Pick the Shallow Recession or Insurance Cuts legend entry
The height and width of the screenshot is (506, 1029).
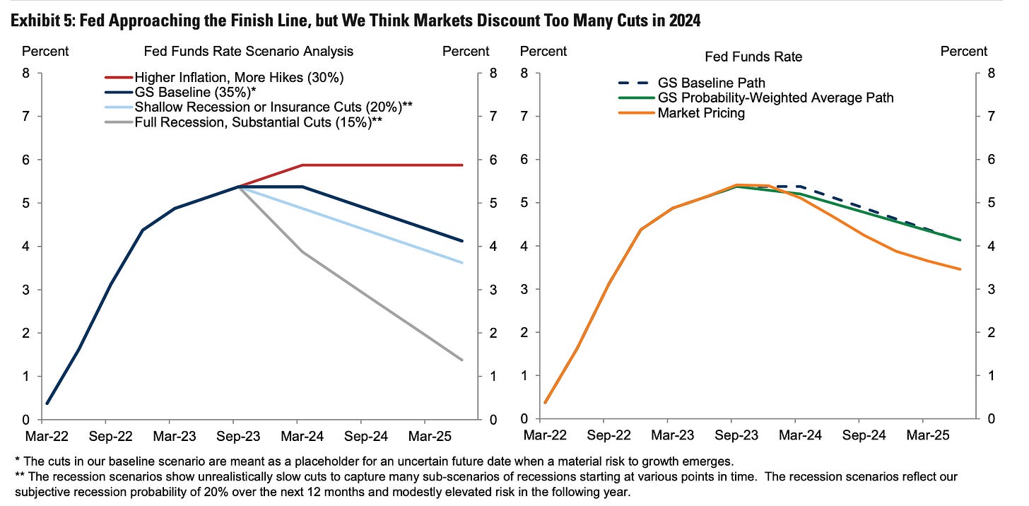[x=273, y=107]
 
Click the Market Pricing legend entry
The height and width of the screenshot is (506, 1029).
[x=701, y=113]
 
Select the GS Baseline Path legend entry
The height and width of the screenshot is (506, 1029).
[x=711, y=83]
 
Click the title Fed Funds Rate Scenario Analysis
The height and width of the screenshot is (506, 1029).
[x=248, y=51]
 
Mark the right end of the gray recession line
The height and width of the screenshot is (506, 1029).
[x=461, y=360]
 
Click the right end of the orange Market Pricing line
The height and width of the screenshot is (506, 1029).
[x=960, y=269]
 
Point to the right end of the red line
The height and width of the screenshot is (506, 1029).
[x=461, y=165]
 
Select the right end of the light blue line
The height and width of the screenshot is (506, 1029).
[x=461, y=263]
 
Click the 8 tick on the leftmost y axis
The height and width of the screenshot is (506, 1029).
[x=27, y=73]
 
